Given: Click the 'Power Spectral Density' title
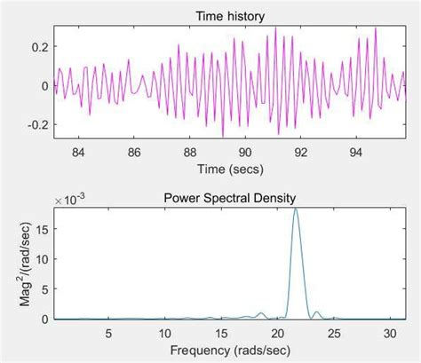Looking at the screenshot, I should point(230,198).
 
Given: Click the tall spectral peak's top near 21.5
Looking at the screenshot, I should point(296,209).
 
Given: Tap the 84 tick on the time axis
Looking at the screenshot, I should point(78,152).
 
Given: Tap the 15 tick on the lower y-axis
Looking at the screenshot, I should point(41,228).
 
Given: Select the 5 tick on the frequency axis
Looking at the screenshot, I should point(108,333).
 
